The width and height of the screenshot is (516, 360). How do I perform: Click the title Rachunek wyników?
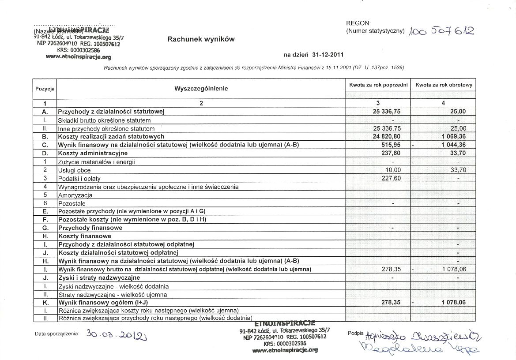coord(201,39)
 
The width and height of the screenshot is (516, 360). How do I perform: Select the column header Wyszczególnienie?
coord(201,88)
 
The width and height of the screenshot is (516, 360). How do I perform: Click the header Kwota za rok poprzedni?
coord(377,84)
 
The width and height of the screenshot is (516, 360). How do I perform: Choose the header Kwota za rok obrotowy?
coord(443,84)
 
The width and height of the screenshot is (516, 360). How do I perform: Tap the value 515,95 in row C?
coord(390,145)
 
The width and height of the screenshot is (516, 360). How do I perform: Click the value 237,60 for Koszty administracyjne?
coord(390,153)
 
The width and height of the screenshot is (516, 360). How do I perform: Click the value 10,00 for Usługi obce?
coord(392,170)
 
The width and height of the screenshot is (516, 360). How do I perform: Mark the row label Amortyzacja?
coord(75,195)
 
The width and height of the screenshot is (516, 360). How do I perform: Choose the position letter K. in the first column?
coord(45,303)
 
